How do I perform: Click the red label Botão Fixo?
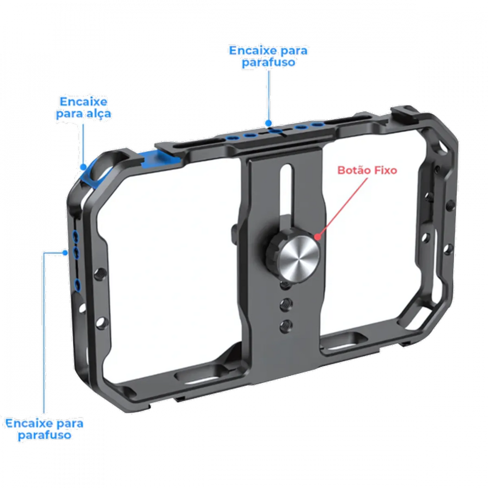pos(367,170)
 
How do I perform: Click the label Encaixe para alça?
pos(83,108)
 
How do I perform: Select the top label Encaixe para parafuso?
pos(268,56)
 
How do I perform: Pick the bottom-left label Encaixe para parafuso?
pos(44,429)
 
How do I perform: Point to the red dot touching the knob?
pos(317,236)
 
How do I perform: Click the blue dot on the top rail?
pos(269,123)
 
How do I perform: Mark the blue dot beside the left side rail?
pos(65,253)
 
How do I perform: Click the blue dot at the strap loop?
pos(83,167)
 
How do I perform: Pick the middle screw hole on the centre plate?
pos(286,305)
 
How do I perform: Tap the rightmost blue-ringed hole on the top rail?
pos(318,124)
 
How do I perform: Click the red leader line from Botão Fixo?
pos(342,207)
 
